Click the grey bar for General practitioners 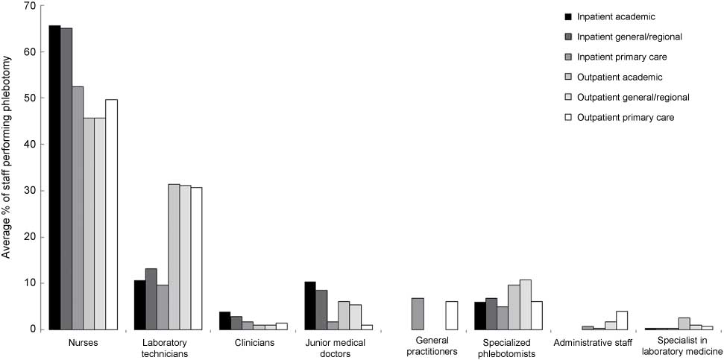(x=418, y=314)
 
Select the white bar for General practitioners (x=452, y=315)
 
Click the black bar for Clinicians (x=225, y=320)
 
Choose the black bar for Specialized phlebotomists (x=479, y=315)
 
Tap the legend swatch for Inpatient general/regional (x=568, y=37)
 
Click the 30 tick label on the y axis (x=30, y=190)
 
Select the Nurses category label (x=83, y=343)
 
